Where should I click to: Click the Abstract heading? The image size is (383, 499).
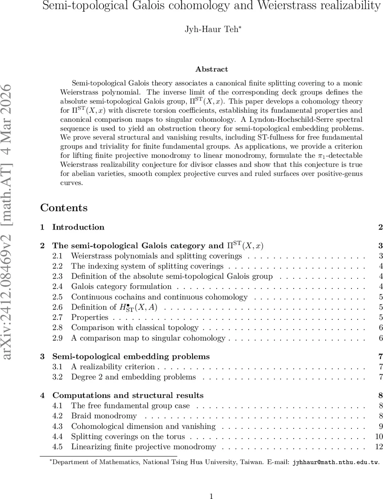pyautogui.click(x=212, y=69)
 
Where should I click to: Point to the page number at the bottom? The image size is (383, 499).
pyautogui.click(x=212, y=485)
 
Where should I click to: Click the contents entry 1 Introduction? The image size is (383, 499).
pyautogui.click(x=78, y=227)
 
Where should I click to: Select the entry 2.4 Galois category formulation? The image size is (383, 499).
pyautogui.click(x=121, y=286)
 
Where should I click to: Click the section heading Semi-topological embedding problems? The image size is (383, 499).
pyautogui.click(x=131, y=356)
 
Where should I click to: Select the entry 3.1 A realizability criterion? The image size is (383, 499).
pyautogui.click(x=113, y=367)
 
